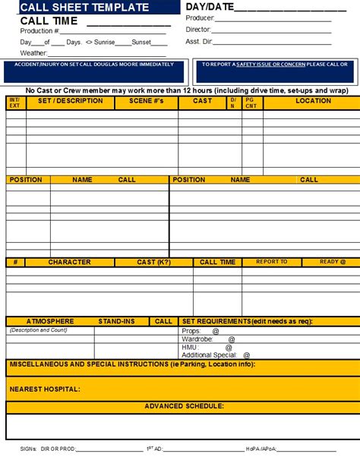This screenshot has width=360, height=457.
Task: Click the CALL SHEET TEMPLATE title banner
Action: [x=84, y=7]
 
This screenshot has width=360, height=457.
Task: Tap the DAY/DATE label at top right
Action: [x=208, y=7]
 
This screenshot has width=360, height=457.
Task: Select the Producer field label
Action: [x=201, y=17]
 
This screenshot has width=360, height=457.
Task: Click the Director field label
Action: [x=199, y=29]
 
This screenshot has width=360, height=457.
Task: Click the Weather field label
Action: [x=34, y=53]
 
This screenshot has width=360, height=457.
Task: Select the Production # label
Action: [x=40, y=31]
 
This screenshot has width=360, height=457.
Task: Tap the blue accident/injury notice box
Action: [x=94, y=71]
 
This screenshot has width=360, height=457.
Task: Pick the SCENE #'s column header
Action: [x=146, y=100]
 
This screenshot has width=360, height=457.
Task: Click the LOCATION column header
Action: [x=313, y=100]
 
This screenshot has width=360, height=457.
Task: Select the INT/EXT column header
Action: [x=14, y=102]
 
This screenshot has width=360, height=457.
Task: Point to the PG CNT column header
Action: [x=251, y=102]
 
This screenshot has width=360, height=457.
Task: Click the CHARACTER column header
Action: [x=70, y=262]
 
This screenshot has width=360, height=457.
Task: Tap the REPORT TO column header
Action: [x=271, y=262]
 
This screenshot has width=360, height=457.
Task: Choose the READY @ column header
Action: [x=332, y=262]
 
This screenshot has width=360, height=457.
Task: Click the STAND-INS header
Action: [x=115, y=321]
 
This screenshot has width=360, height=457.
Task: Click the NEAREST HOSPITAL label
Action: [x=45, y=389]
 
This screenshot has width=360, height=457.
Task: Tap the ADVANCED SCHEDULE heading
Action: [x=184, y=406]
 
